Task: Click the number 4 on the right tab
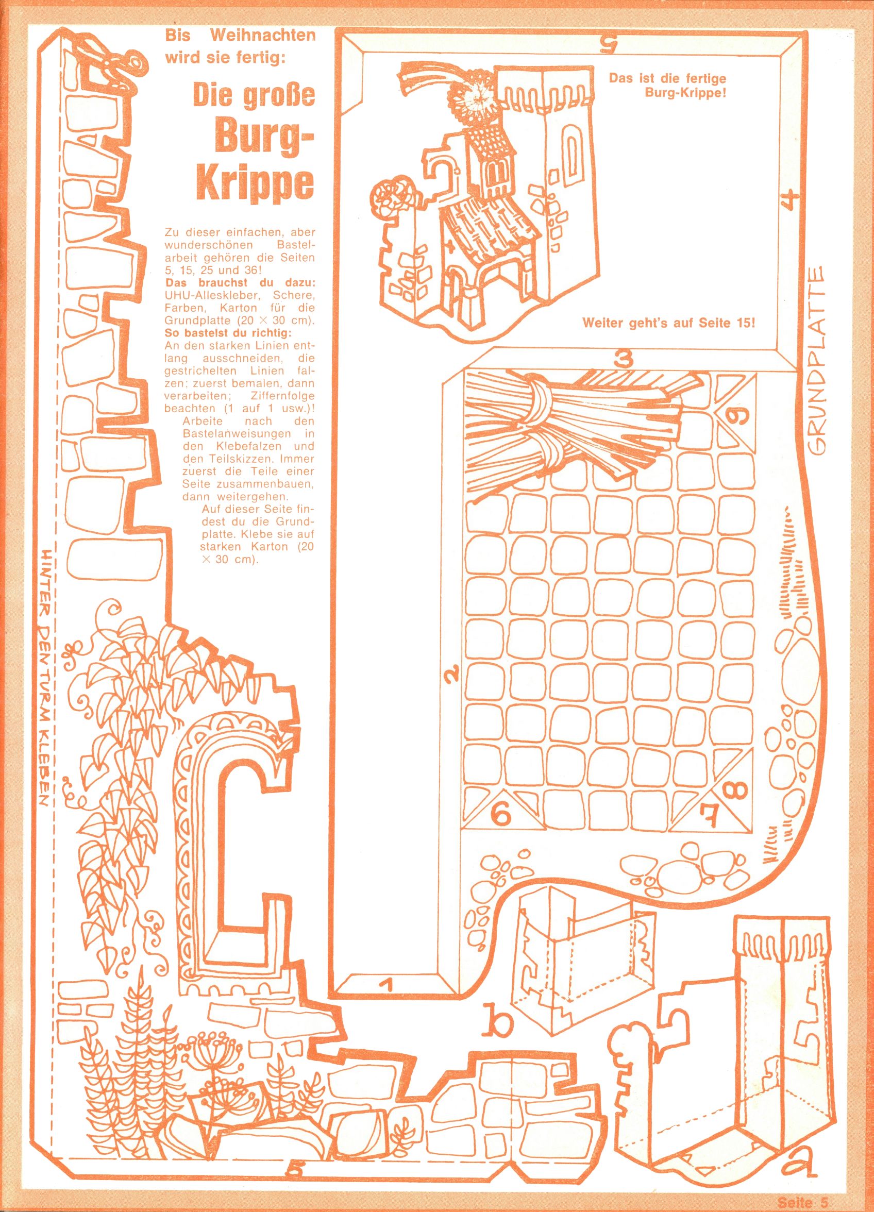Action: (793, 203)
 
